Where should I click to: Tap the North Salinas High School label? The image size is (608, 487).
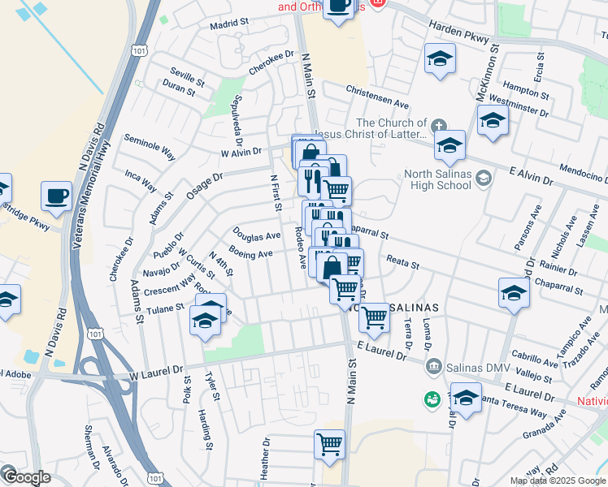[437, 179]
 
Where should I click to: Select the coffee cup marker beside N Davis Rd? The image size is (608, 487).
[57, 196]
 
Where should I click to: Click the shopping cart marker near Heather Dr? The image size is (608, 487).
[329, 444]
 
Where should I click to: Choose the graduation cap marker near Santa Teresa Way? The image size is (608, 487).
[467, 399]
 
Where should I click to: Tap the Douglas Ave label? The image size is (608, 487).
[256, 235]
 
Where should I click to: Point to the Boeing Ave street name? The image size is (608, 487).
[250, 254]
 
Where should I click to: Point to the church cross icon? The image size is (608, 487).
[438, 125]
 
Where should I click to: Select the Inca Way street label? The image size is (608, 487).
[141, 180]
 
